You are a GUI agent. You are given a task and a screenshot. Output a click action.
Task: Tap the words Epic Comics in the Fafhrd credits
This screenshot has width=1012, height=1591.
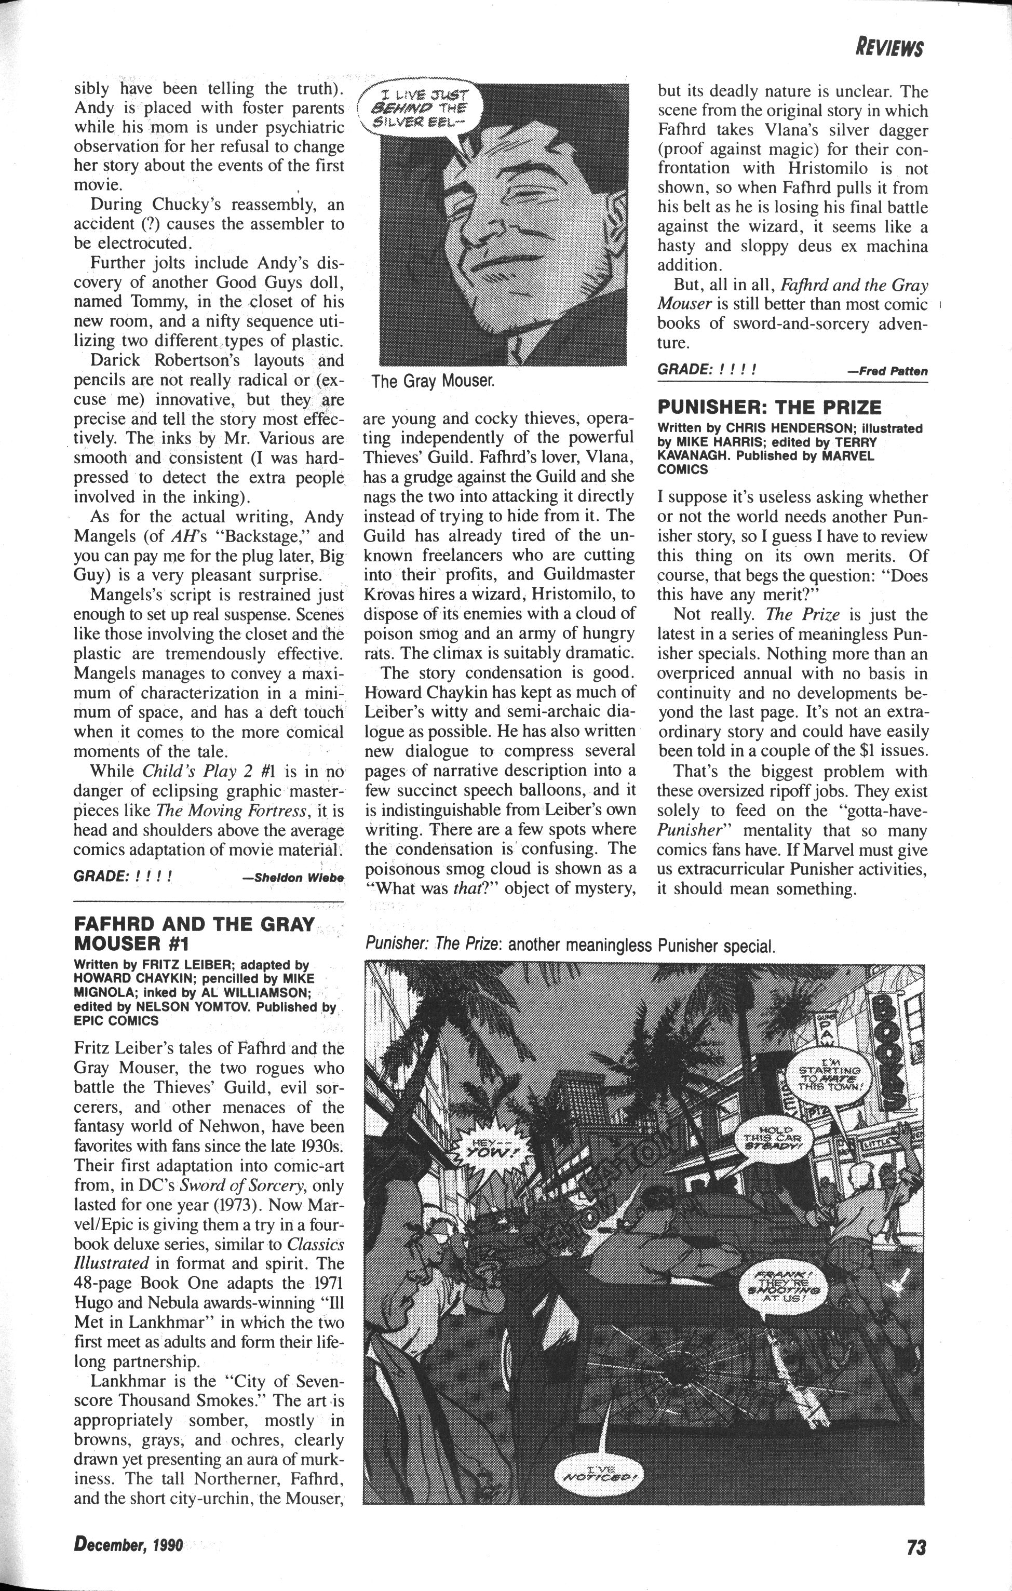click(x=116, y=1021)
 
